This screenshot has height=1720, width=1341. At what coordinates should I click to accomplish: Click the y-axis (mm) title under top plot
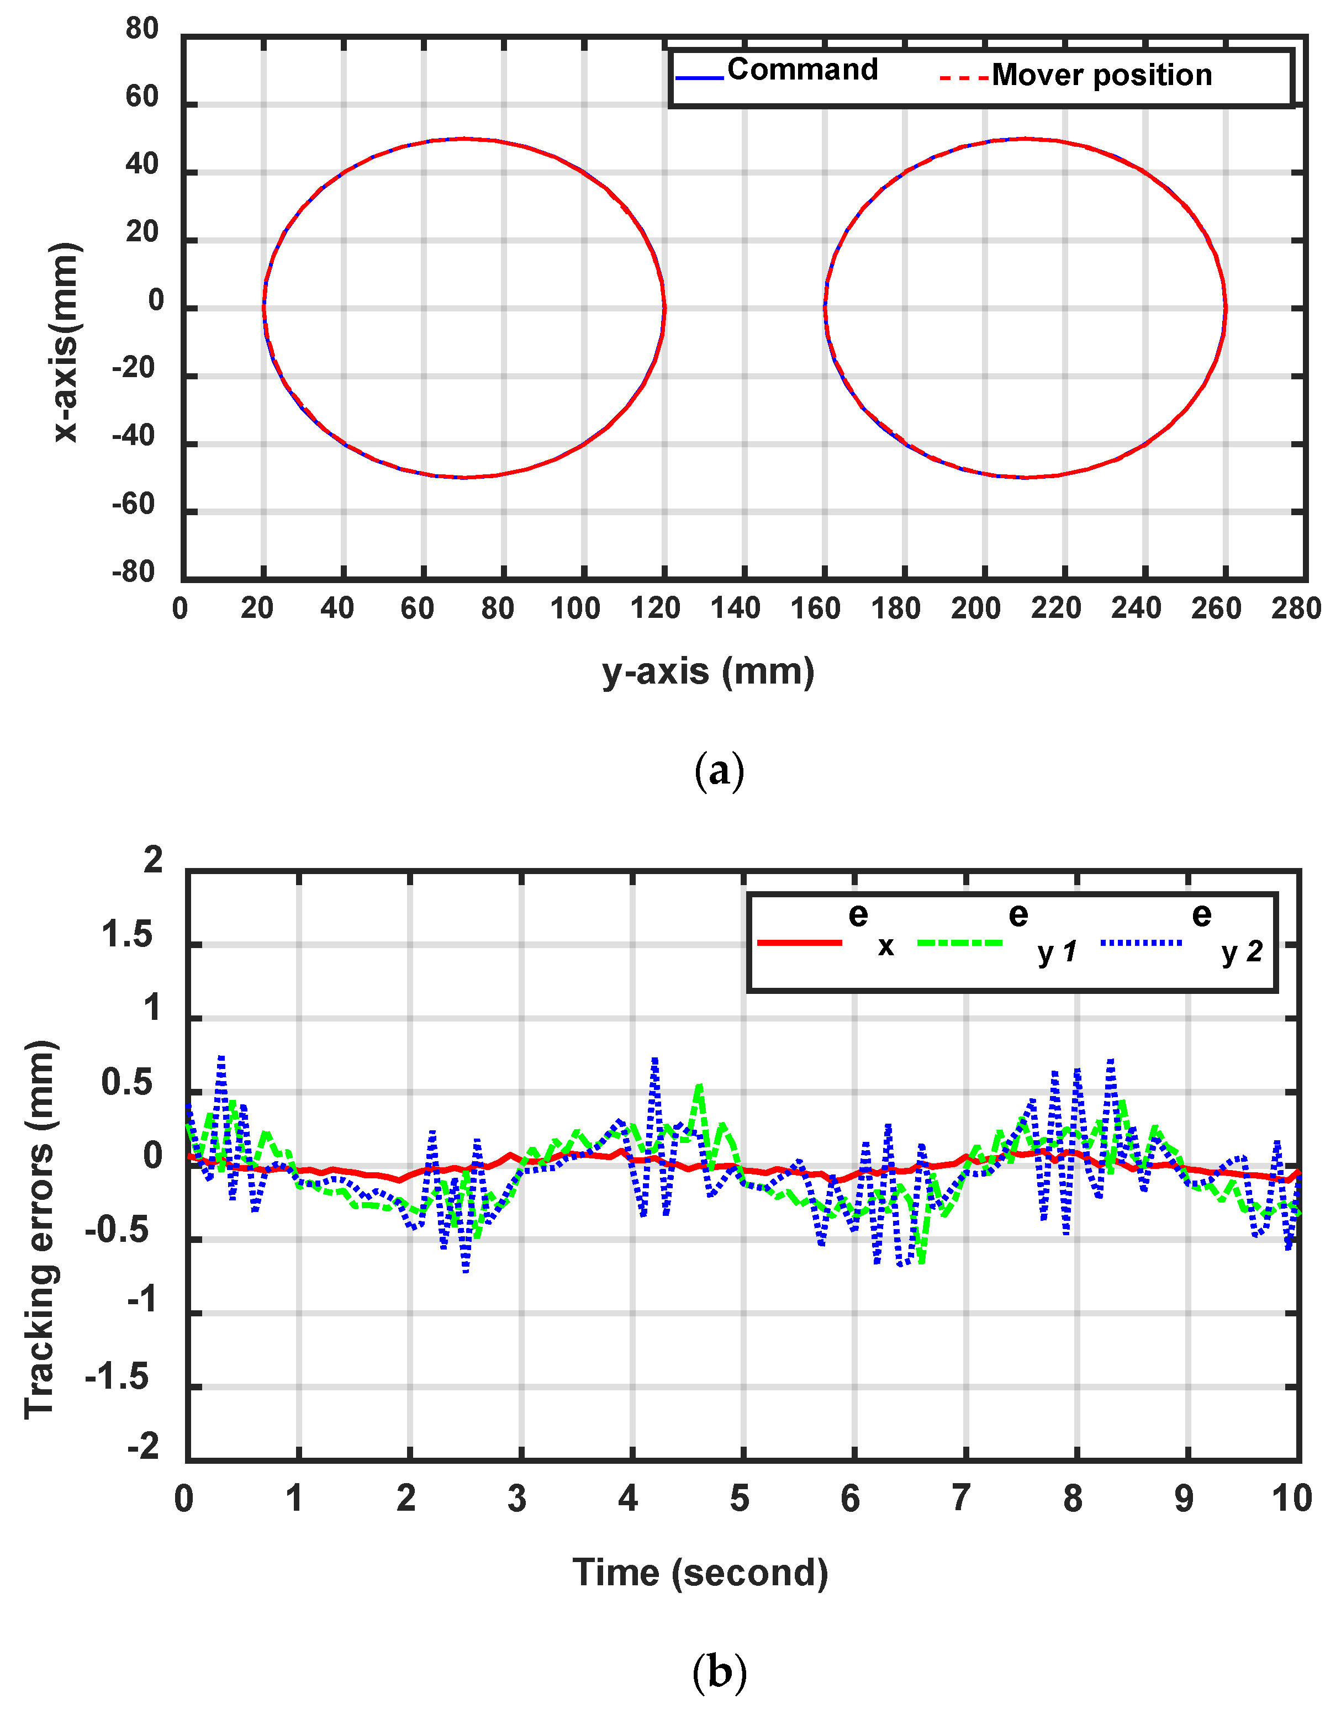pos(708,672)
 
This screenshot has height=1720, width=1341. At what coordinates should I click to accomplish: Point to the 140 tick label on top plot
pos(735,609)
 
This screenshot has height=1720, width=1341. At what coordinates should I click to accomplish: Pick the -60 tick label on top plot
pos(135,504)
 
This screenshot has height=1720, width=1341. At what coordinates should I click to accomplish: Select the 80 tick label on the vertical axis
pos(142,29)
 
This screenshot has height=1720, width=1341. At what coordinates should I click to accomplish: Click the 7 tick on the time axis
pos(960,1499)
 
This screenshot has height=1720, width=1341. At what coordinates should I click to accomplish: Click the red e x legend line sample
pos(799,943)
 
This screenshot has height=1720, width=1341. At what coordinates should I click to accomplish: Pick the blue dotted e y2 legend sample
pos(1141,943)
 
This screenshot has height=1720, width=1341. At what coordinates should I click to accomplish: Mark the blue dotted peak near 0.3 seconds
pos(221,1059)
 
